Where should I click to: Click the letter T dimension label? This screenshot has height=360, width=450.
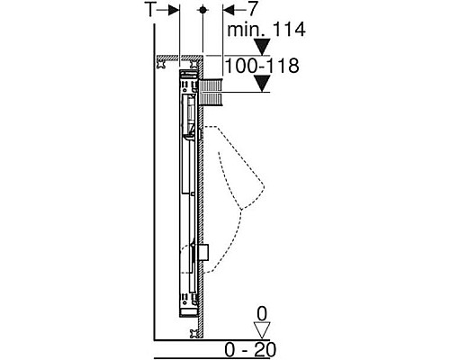(150, 10)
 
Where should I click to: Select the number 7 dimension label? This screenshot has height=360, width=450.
(253, 10)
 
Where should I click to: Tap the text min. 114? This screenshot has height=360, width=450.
(266, 30)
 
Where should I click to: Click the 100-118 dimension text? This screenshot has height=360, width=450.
(262, 66)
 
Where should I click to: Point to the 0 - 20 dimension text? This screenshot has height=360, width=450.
(250, 349)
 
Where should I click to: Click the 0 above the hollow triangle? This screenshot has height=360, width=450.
(262, 314)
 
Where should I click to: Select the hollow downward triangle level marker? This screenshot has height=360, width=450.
(262, 330)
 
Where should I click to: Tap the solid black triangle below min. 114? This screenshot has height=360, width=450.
(263, 47)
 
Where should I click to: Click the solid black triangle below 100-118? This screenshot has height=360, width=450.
(263, 84)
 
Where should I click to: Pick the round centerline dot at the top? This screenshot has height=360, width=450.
(202, 10)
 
